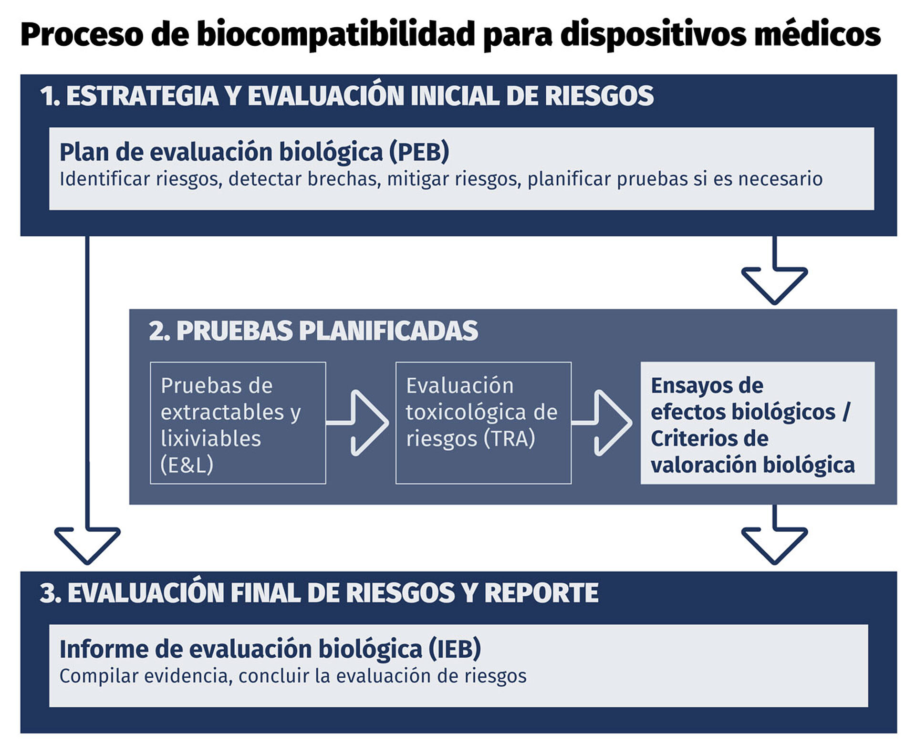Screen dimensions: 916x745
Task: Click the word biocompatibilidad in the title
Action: click(335, 35)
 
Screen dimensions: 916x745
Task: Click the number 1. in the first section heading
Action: click(50, 96)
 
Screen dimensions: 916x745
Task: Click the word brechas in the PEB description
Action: click(344, 179)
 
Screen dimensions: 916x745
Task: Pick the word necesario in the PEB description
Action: click(780, 179)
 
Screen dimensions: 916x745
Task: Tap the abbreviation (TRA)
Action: click(509, 439)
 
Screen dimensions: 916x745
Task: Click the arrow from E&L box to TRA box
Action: click(358, 423)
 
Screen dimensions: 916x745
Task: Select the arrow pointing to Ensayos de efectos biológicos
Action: click(602, 423)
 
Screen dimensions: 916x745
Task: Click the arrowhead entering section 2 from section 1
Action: click(774, 286)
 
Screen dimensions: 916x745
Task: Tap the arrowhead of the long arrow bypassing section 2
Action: click(87, 546)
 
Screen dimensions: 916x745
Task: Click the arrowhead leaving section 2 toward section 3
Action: click(774, 546)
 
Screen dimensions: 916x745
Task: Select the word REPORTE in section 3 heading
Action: click(541, 593)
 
